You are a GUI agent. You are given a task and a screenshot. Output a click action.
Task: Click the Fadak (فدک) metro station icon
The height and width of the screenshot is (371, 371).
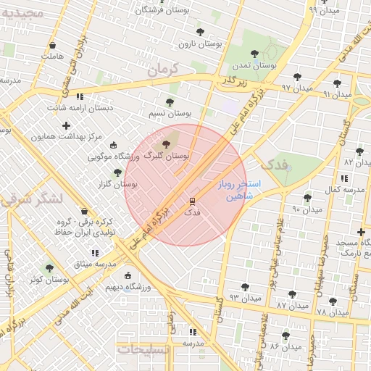coord(193,201)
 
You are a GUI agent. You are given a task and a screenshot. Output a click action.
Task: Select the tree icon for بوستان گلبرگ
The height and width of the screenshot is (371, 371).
coord(167,145)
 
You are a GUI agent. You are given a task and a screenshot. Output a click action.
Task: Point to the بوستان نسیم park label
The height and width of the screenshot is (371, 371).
coord(170,113)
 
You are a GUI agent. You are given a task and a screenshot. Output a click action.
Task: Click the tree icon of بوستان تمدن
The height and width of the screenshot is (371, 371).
coord(254,53)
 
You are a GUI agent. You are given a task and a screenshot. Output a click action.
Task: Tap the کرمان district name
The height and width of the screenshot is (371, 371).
coord(162,70)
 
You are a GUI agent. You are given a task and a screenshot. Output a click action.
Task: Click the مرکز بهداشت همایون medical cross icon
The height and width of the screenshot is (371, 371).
coord(66,125)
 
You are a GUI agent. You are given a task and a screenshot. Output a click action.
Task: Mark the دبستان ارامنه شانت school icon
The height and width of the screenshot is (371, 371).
coord(80,96)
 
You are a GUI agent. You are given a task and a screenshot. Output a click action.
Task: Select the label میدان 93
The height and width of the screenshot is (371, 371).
coord(245,298)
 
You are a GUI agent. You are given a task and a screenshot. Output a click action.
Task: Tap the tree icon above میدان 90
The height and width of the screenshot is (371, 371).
coord(307,197)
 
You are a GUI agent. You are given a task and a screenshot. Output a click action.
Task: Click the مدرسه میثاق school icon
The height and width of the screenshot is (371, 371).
coord(94,254)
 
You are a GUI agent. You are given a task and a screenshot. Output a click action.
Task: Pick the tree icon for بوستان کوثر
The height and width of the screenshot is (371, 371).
coord(49,268)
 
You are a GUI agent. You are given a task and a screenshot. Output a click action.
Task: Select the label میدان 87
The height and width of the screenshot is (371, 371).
coord(292,307)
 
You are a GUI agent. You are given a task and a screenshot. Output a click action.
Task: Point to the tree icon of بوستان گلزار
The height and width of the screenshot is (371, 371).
coord(117,172)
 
